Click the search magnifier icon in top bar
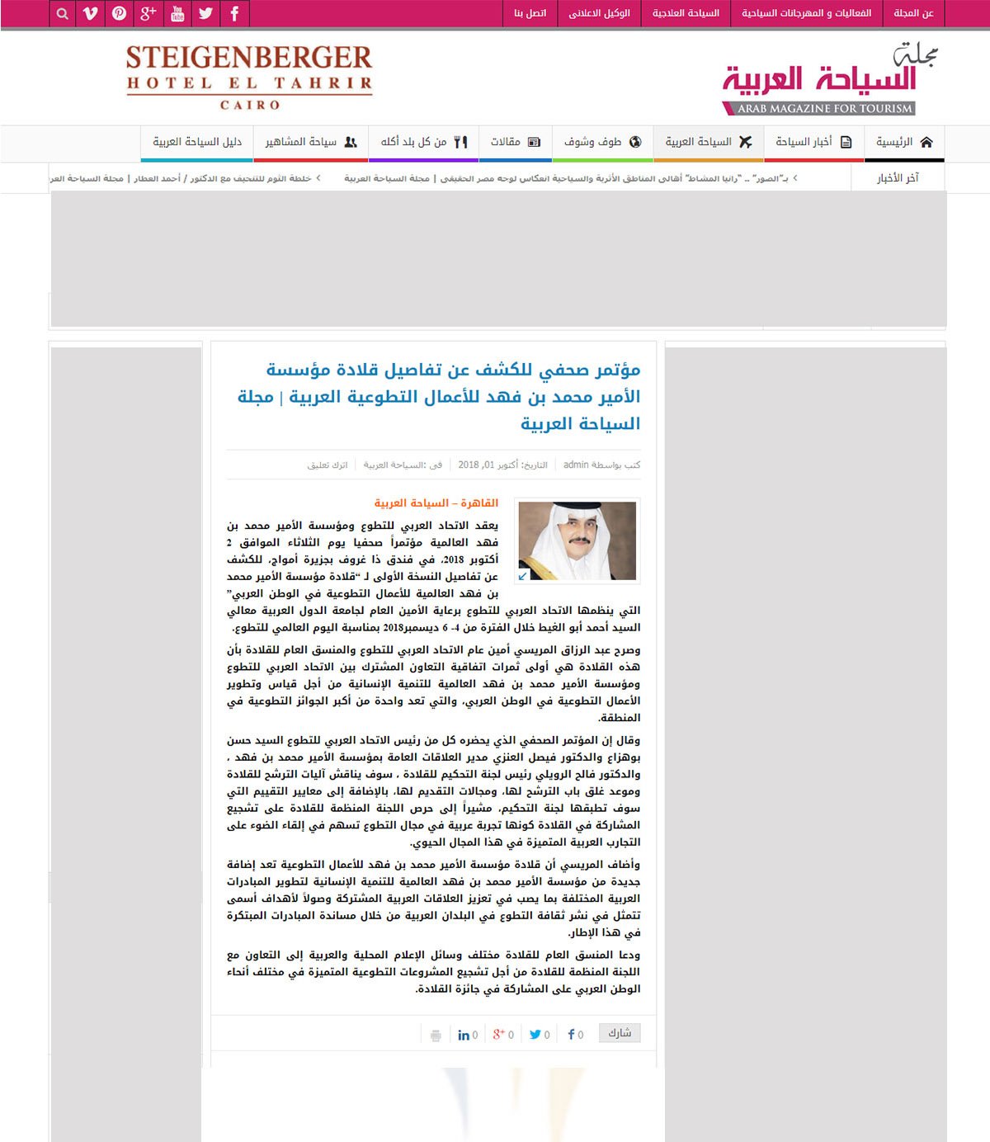(x=62, y=13)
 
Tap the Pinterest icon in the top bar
(x=120, y=13)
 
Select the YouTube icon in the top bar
(x=177, y=13)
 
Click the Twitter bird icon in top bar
(x=206, y=13)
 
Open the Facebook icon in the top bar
(x=235, y=13)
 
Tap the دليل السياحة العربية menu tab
(x=197, y=142)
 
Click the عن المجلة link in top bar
(x=913, y=13)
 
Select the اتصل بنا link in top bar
(x=530, y=13)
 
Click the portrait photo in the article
(x=577, y=541)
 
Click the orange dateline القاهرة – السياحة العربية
(x=436, y=503)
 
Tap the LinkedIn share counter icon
(x=464, y=1035)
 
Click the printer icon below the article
(x=436, y=1035)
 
